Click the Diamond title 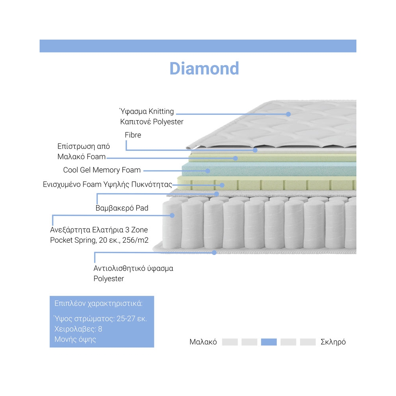pyautogui.click(x=204, y=68)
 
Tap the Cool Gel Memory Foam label pyautogui.click(x=102, y=170)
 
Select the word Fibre pyautogui.click(x=133, y=135)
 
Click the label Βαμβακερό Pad pyautogui.click(x=122, y=208)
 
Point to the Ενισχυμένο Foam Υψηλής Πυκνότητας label pyautogui.click(x=107, y=185)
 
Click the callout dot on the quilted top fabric pyautogui.click(x=288, y=114)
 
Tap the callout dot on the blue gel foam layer pyautogui.click(x=208, y=171)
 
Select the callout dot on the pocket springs pyautogui.click(x=172, y=215)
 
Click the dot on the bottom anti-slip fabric pyautogui.click(x=214, y=252)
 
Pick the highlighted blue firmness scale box pyautogui.click(x=268, y=342)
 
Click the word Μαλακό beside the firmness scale pyautogui.click(x=203, y=342)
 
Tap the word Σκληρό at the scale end pyautogui.click(x=333, y=342)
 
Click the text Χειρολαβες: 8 pyautogui.click(x=78, y=329)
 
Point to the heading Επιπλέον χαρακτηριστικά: pyautogui.click(x=98, y=304)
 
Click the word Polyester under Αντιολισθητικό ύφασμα pyautogui.click(x=109, y=279)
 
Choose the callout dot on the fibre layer pyautogui.click(x=255, y=150)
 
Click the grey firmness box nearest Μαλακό pyautogui.click(x=230, y=342)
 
